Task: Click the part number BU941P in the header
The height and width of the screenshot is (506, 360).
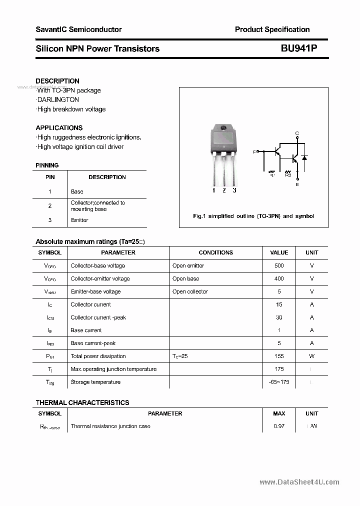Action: tap(298, 48)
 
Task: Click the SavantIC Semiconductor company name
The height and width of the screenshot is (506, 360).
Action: tap(78, 29)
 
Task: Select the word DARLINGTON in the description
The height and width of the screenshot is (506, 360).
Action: tap(58, 99)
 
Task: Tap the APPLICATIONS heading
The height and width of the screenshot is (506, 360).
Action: tap(59, 127)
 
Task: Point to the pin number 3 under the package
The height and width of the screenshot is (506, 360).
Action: tap(234, 190)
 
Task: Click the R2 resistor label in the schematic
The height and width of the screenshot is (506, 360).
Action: tap(288, 174)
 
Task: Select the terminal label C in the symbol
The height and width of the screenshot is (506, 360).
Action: tap(297, 133)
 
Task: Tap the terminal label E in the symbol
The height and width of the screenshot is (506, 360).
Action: tap(297, 184)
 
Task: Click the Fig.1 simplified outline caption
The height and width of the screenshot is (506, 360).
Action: tap(253, 216)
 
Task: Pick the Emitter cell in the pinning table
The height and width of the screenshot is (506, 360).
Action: tap(79, 220)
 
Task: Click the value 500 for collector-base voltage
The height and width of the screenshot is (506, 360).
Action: tap(279, 265)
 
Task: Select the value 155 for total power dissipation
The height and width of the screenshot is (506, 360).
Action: tap(279, 356)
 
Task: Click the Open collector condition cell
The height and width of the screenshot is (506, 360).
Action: tap(190, 291)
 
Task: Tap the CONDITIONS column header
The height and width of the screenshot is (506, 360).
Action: tap(215, 252)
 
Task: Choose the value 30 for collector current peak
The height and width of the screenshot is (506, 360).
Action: tap(279, 317)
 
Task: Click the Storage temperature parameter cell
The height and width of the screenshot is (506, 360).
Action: tap(95, 382)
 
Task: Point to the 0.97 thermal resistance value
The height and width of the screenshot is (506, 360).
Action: tap(279, 426)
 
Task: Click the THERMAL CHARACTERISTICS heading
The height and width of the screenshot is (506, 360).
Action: tap(82, 402)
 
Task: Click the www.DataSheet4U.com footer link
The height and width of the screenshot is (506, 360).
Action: tap(299, 482)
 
